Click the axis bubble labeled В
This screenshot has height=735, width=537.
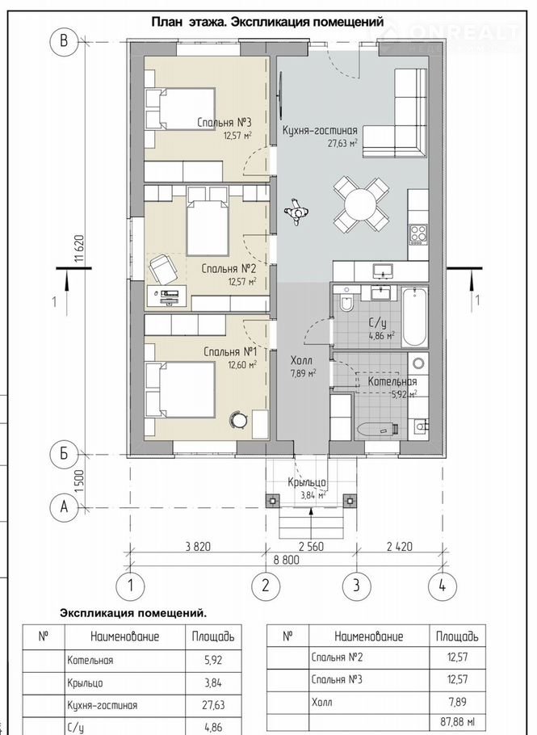tap(64, 41)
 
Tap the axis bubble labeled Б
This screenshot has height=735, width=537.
tap(64, 454)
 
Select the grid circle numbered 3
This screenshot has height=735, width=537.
tap(356, 586)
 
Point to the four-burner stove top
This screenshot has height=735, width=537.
tap(418, 234)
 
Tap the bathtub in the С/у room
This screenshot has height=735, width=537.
tap(415, 317)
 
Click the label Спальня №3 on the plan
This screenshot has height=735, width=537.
tap(224, 124)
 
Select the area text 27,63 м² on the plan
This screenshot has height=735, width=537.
tap(342, 142)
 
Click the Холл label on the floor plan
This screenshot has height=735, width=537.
tap(301, 361)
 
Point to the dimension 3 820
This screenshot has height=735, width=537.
tap(198, 546)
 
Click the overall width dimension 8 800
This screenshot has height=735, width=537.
tap(285, 560)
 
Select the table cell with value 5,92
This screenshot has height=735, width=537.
tap(213, 660)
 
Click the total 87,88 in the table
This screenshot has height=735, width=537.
tap(457, 722)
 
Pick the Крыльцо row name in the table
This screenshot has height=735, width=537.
tap(85, 683)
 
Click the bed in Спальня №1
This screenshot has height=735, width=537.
tap(179, 390)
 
